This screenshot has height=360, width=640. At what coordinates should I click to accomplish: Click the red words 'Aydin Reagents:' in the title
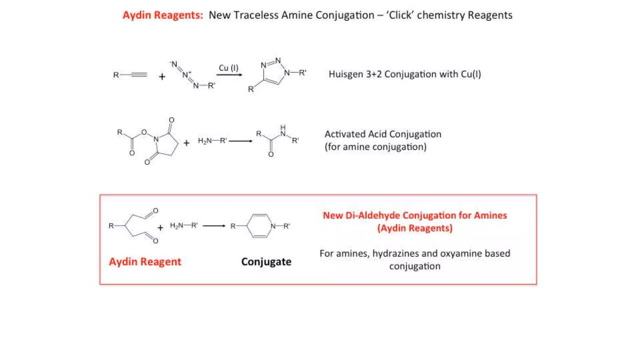pyautogui.click(x=162, y=15)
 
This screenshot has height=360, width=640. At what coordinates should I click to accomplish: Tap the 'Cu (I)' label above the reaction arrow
pyautogui.click(x=228, y=68)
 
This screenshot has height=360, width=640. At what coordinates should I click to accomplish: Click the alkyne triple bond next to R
pyautogui.click(x=139, y=75)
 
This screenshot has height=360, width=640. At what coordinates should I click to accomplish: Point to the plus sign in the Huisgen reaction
pyautogui.click(x=162, y=77)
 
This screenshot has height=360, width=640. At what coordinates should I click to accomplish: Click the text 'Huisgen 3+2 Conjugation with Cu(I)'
pyautogui.click(x=405, y=74)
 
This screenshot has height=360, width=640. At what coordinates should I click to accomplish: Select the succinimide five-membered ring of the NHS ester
pyautogui.click(x=166, y=144)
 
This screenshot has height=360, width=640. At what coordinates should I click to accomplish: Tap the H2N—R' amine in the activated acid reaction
pyautogui.click(x=212, y=141)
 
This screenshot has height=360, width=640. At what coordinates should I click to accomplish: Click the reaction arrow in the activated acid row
pyautogui.click(x=241, y=141)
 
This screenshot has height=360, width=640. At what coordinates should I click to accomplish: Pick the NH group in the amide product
pyautogui.click(x=283, y=131)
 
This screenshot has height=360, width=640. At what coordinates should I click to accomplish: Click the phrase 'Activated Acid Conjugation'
pyautogui.click(x=383, y=134)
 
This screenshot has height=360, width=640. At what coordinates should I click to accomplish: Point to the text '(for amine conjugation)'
pyautogui.click(x=375, y=147)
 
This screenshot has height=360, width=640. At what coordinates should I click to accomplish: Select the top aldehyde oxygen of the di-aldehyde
pyautogui.click(x=156, y=211)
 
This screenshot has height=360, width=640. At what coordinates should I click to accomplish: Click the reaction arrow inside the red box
pyautogui.click(x=214, y=226)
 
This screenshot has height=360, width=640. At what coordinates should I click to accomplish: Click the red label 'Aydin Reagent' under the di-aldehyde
pyautogui.click(x=145, y=262)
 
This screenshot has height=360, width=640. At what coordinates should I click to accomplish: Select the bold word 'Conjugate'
pyautogui.click(x=266, y=262)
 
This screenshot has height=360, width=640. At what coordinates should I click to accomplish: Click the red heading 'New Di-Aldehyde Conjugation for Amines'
pyautogui.click(x=415, y=215)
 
